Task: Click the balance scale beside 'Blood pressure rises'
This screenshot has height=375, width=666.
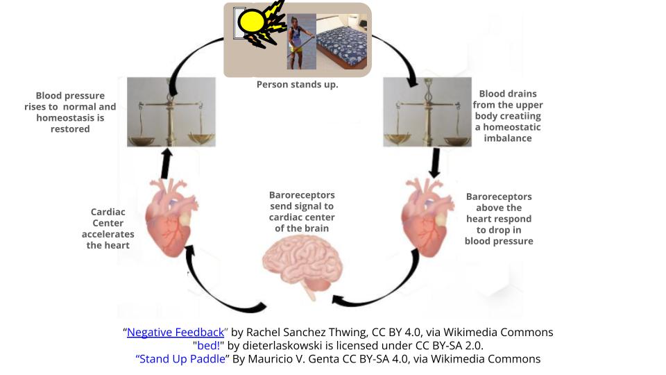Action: coord(171,111)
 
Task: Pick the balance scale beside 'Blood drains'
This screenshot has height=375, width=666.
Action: coord(427,111)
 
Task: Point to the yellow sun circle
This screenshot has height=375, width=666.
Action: coord(251,22)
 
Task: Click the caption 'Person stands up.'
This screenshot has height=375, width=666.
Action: coord(298,85)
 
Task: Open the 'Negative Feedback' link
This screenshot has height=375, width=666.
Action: coord(176,333)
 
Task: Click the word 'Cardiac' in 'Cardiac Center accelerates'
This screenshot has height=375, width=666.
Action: coord(108,212)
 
